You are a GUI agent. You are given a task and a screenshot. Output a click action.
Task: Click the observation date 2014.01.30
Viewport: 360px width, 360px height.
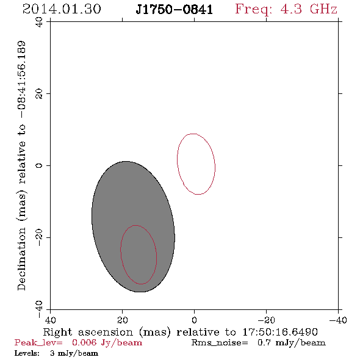pyautogui.click(x=62, y=9)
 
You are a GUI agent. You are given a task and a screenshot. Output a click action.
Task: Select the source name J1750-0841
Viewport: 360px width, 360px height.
pyautogui.click(x=174, y=10)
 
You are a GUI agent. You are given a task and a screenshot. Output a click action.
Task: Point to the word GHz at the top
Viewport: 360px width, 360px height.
pyautogui.click(x=323, y=9)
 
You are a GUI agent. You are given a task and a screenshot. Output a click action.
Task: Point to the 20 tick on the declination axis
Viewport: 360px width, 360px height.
pyautogui.click(x=39, y=94)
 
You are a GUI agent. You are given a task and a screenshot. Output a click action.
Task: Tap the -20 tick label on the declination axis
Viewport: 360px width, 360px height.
pyautogui.click(x=39, y=237)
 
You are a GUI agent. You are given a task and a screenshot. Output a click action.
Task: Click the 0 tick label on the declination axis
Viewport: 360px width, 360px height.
pyautogui.click(x=39, y=165)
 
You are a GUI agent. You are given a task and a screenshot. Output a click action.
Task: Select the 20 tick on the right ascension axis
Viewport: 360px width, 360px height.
pyautogui.click(x=123, y=320)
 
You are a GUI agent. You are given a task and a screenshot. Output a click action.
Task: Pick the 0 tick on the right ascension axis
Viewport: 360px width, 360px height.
pyautogui.click(x=194, y=320)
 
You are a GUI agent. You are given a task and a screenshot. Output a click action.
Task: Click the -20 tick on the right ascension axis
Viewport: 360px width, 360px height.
pyautogui.click(x=266, y=320)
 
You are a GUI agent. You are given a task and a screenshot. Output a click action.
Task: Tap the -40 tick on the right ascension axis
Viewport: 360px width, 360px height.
pyautogui.click(x=338, y=320)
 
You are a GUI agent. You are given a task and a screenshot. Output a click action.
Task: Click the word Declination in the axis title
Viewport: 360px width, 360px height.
pyautogui.click(x=21, y=259)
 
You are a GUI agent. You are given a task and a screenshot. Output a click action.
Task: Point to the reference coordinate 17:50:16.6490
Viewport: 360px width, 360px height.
pyautogui.click(x=280, y=332)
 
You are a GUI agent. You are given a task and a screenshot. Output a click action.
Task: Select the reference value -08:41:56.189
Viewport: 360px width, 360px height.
pyautogui.click(x=21, y=80)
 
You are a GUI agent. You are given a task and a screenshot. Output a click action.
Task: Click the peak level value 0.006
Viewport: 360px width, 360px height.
pyautogui.click(x=84, y=342)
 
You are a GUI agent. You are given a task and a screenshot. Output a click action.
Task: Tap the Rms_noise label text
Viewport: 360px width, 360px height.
pyautogui.click(x=220, y=343)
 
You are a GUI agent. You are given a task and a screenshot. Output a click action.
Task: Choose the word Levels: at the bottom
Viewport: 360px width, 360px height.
pyautogui.click(x=27, y=353)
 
